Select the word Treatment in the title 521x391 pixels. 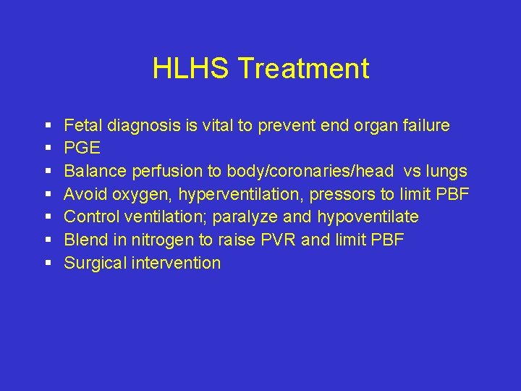click(x=303, y=69)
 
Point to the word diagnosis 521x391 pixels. click(x=150, y=126)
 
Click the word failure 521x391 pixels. click(x=422, y=126)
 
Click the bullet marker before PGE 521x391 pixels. click(x=46, y=149)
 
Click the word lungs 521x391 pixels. click(x=446, y=172)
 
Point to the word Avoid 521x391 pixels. click(x=85, y=194)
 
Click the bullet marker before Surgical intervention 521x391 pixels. click(x=46, y=263)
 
